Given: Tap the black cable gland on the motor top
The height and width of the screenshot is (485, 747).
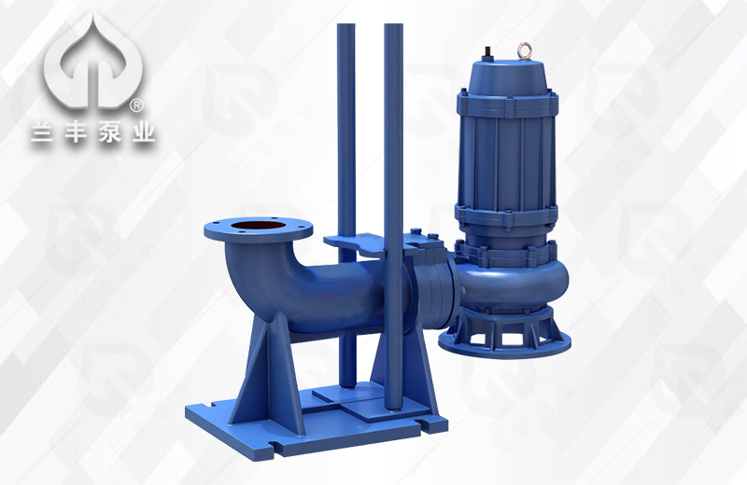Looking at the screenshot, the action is (487, 52).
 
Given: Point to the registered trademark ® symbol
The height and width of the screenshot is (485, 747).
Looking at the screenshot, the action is (135, 106).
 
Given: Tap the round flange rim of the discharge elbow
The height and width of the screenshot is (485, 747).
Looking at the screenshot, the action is (259, 229).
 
